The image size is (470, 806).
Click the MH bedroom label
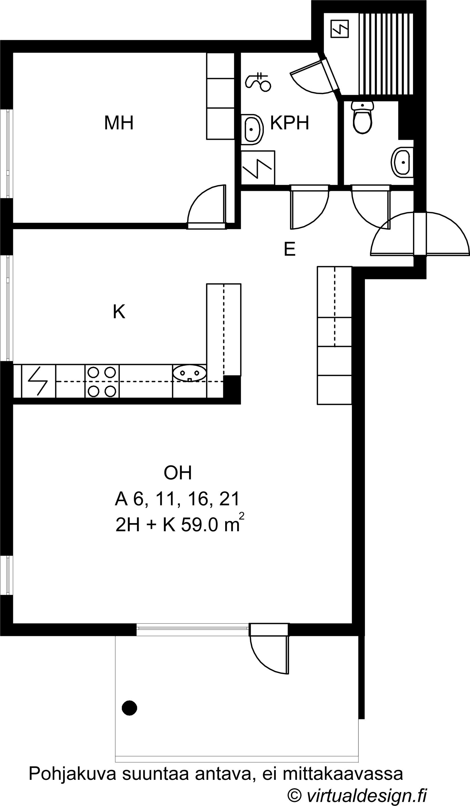pos(119,123)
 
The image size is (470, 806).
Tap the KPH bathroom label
pos(290,123)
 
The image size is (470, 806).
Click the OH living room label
pos(178,473)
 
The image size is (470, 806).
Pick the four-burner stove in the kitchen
pos(102,381)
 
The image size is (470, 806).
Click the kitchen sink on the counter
pos(190,373)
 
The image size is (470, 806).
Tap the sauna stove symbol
pos(339,28)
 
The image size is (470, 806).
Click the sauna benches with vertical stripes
pos(386,54)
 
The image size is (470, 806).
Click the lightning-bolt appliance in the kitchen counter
pos(38,381)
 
